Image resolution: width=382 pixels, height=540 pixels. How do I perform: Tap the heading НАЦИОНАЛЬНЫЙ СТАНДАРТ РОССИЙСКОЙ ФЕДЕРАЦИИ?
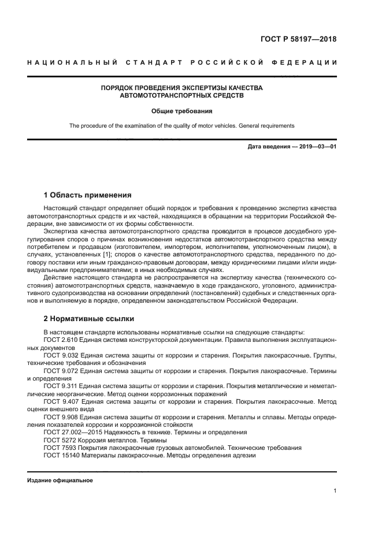coord(181,62)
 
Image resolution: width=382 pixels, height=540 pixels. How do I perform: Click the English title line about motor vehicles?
coord(181,125)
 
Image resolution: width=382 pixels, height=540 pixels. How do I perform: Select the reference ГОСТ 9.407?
coord(60,401)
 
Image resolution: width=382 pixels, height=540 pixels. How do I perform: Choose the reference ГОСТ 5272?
coord(58,440)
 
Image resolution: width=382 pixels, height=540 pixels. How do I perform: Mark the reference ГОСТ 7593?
coord(58,447)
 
